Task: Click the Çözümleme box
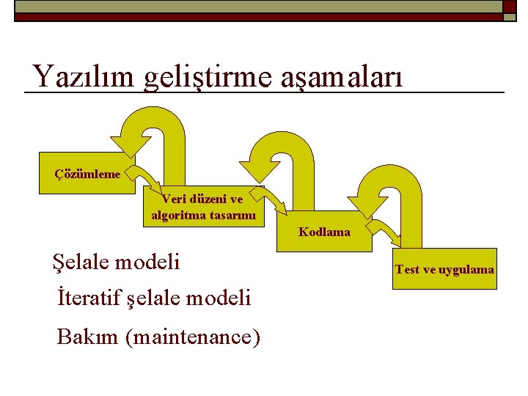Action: (x=87, y=174)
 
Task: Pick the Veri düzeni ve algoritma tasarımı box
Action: (x=203, y=207)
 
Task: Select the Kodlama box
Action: (x=324, y=232)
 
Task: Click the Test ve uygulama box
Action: (x=444, y=269)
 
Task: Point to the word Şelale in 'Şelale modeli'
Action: (x=78, y=261)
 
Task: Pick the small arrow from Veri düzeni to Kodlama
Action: (x=275, y=202)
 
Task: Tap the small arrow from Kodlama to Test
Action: (x=388, y=230)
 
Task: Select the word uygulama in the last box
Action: (x=467, y=270)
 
